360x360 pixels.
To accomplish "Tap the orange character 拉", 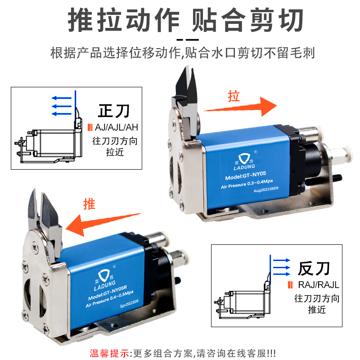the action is [234, 96].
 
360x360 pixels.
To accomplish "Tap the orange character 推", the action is [89, 204].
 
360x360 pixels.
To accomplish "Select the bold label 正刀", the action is [114, 111].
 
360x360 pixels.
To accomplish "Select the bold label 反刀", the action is [314, 268].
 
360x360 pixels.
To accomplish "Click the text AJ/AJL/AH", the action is [117, 127].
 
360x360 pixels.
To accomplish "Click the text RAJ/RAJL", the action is [319, 285].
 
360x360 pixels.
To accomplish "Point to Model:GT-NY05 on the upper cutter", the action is [245, 175].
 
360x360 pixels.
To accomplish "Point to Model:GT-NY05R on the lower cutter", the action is [108, 293].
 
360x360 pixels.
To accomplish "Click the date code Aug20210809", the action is [265, 189].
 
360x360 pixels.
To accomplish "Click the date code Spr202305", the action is [129, 303].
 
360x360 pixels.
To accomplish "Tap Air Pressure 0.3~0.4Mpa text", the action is [247, 184].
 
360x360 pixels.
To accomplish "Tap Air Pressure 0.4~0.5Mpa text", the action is [109, 299].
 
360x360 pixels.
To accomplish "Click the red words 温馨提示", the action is [109, 353].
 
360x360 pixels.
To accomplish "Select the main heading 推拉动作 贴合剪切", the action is [186, 20].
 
